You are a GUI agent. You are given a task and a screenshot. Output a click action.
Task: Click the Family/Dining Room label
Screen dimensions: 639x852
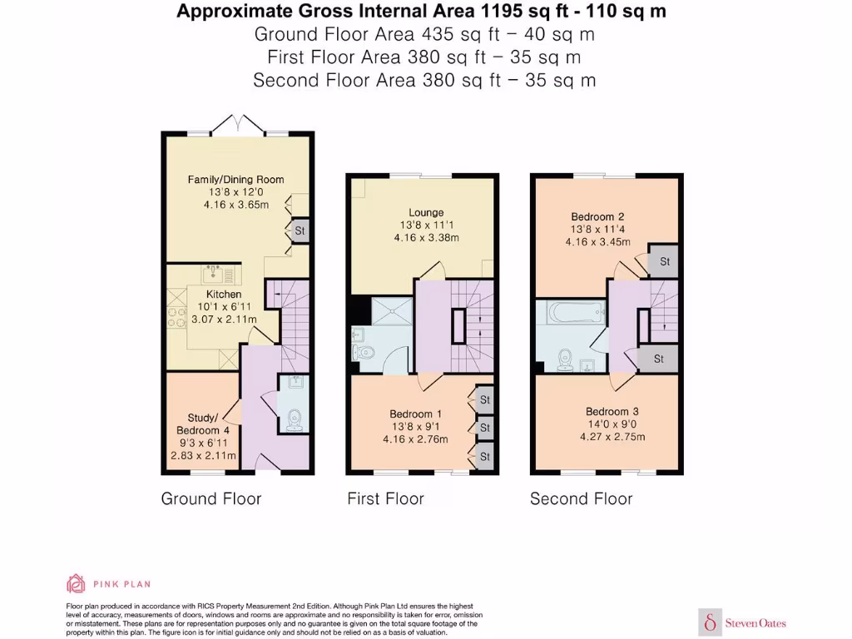[235, 179]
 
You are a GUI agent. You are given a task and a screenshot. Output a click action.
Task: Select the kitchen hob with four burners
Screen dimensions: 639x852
[177, 317]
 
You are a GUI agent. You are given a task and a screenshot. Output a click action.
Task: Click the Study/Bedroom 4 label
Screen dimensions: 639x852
[203, 424]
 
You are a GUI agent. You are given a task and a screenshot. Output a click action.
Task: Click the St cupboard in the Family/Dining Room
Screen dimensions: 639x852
[300, 230]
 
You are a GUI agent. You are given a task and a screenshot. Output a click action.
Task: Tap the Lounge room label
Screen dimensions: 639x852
[426, 212]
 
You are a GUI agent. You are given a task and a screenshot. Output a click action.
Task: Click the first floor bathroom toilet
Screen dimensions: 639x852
[365, 352]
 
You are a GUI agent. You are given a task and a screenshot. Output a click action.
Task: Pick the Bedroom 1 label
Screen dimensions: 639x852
[415, 414]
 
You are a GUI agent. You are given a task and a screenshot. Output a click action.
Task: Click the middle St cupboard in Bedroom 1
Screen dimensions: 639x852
[484, 428]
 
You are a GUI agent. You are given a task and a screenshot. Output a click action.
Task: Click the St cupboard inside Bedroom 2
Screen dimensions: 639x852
[665, 261]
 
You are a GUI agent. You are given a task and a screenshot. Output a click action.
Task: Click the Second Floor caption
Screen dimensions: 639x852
[581, 498]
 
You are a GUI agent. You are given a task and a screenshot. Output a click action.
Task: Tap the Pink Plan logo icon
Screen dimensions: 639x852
[76, 583]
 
